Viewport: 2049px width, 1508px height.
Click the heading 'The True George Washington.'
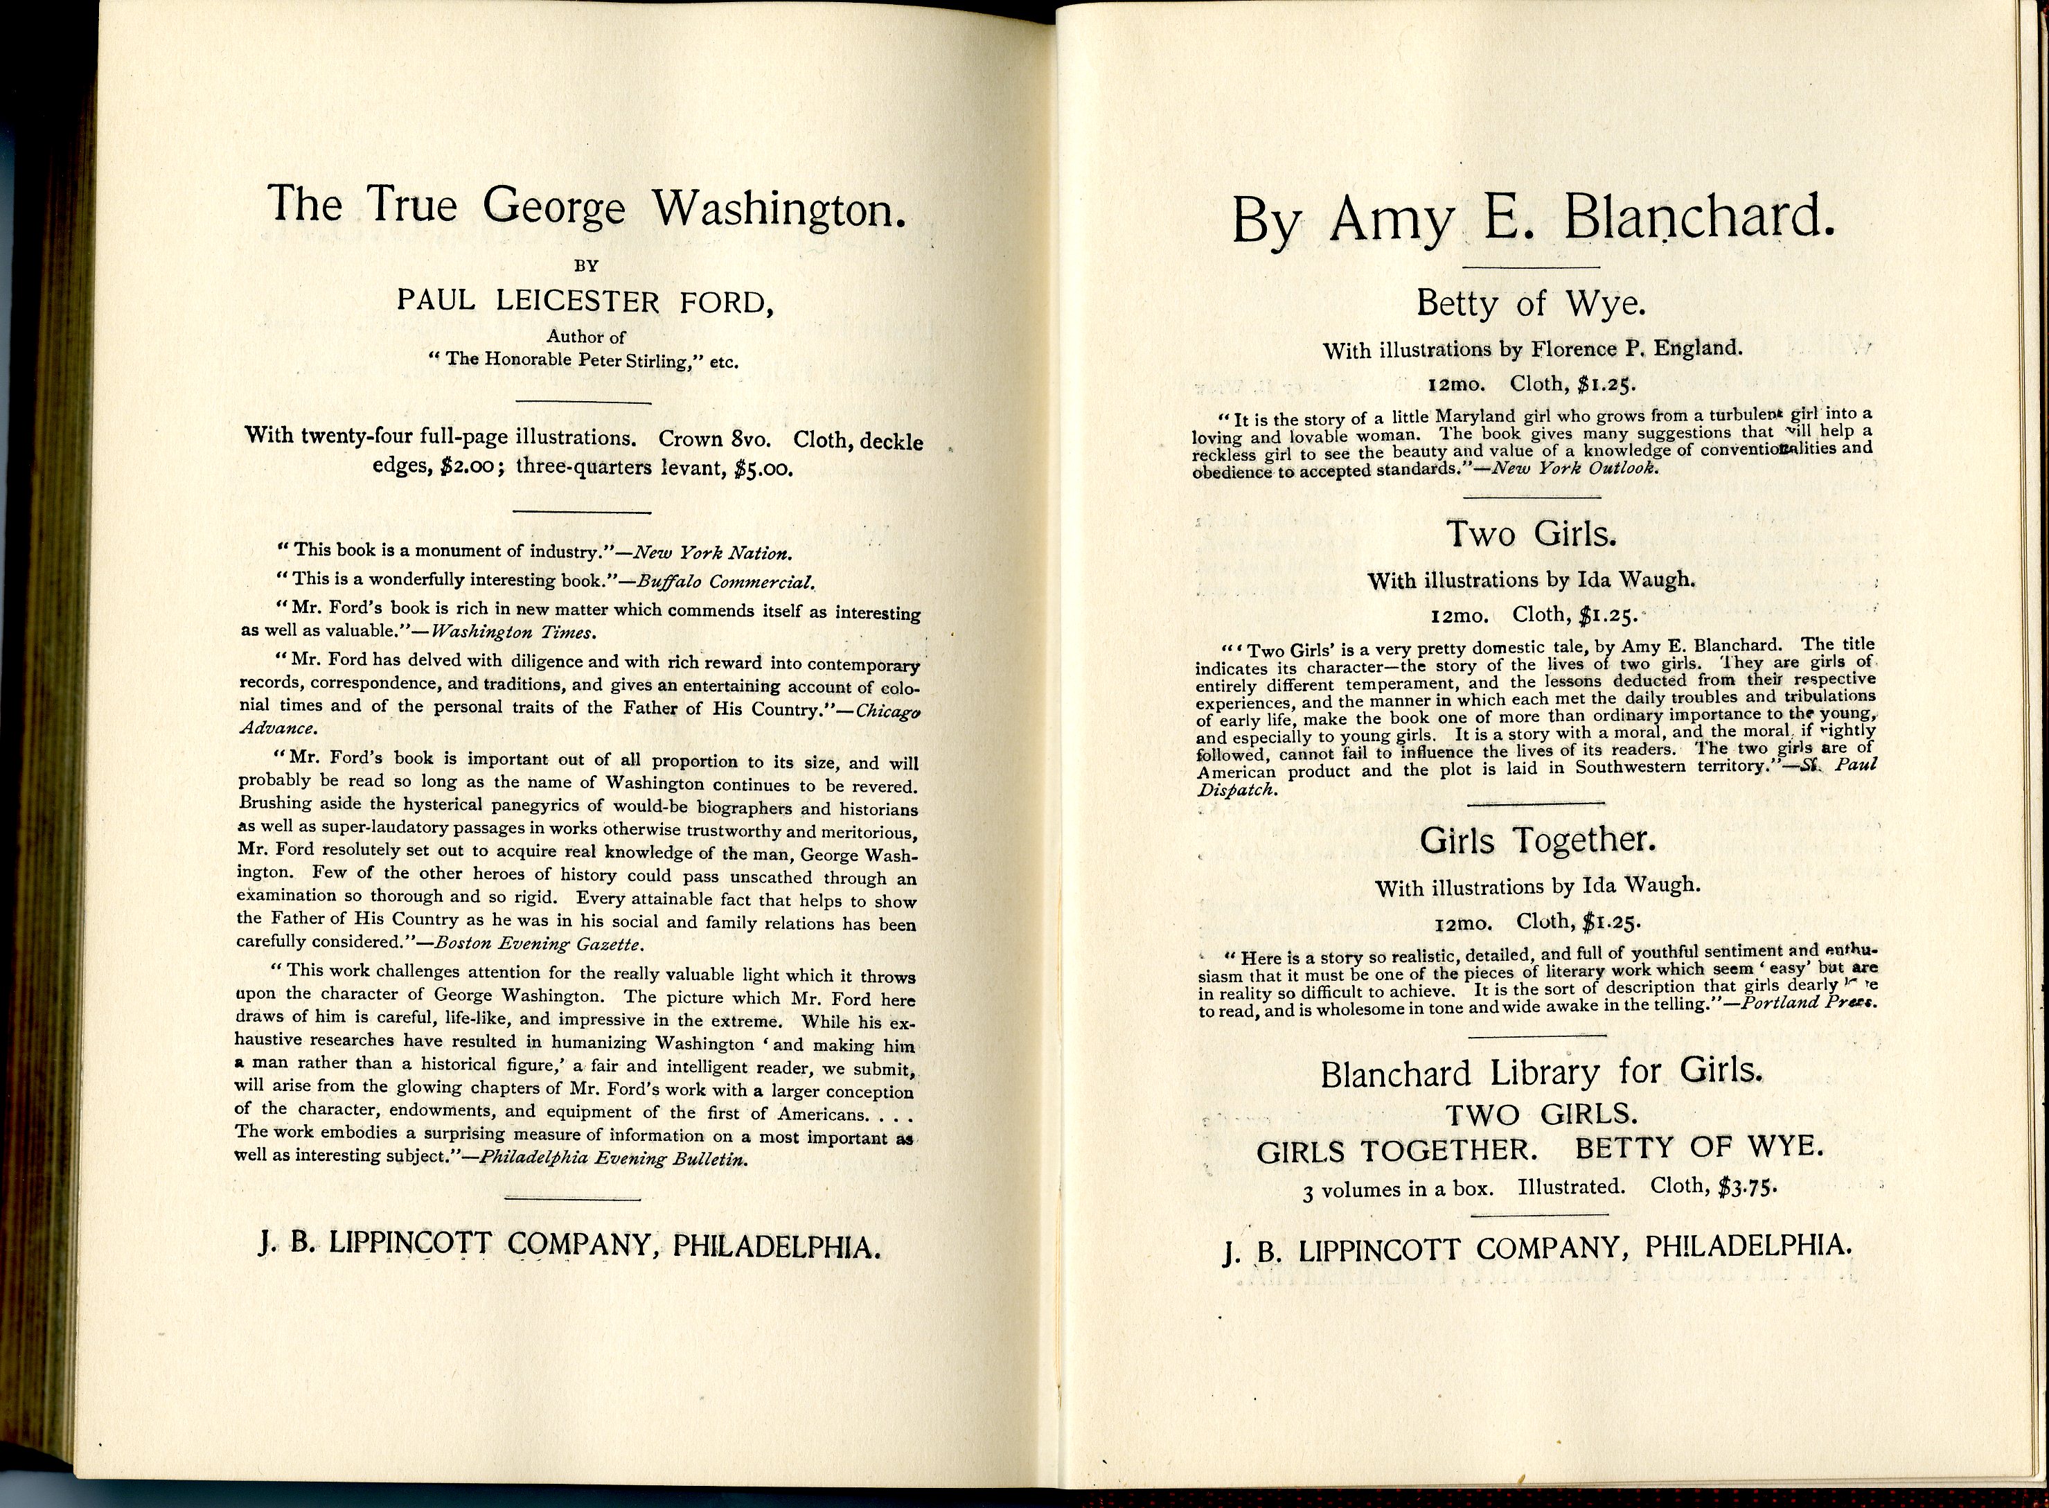(587, 206)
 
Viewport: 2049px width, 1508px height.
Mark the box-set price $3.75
(1747, 1187)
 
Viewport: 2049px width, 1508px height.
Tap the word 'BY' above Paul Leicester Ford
(586, 267)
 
